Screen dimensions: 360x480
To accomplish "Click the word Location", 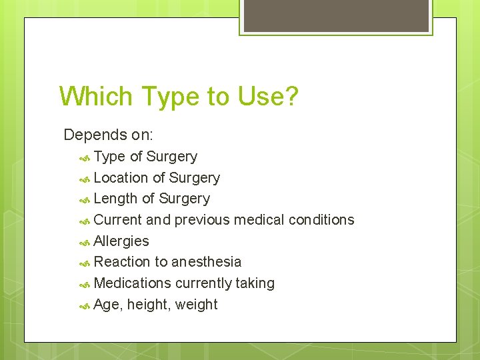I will [121, 178].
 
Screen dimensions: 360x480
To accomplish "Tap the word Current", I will [118, 220].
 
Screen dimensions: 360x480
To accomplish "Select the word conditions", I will [321, 220].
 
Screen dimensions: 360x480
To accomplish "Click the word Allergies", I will [121, 241].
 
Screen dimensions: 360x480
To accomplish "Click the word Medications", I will [133, 283].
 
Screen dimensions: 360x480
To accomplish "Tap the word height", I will [147, 305].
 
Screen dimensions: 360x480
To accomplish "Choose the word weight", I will [196, 305].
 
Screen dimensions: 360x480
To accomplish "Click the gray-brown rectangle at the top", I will [335, 15].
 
